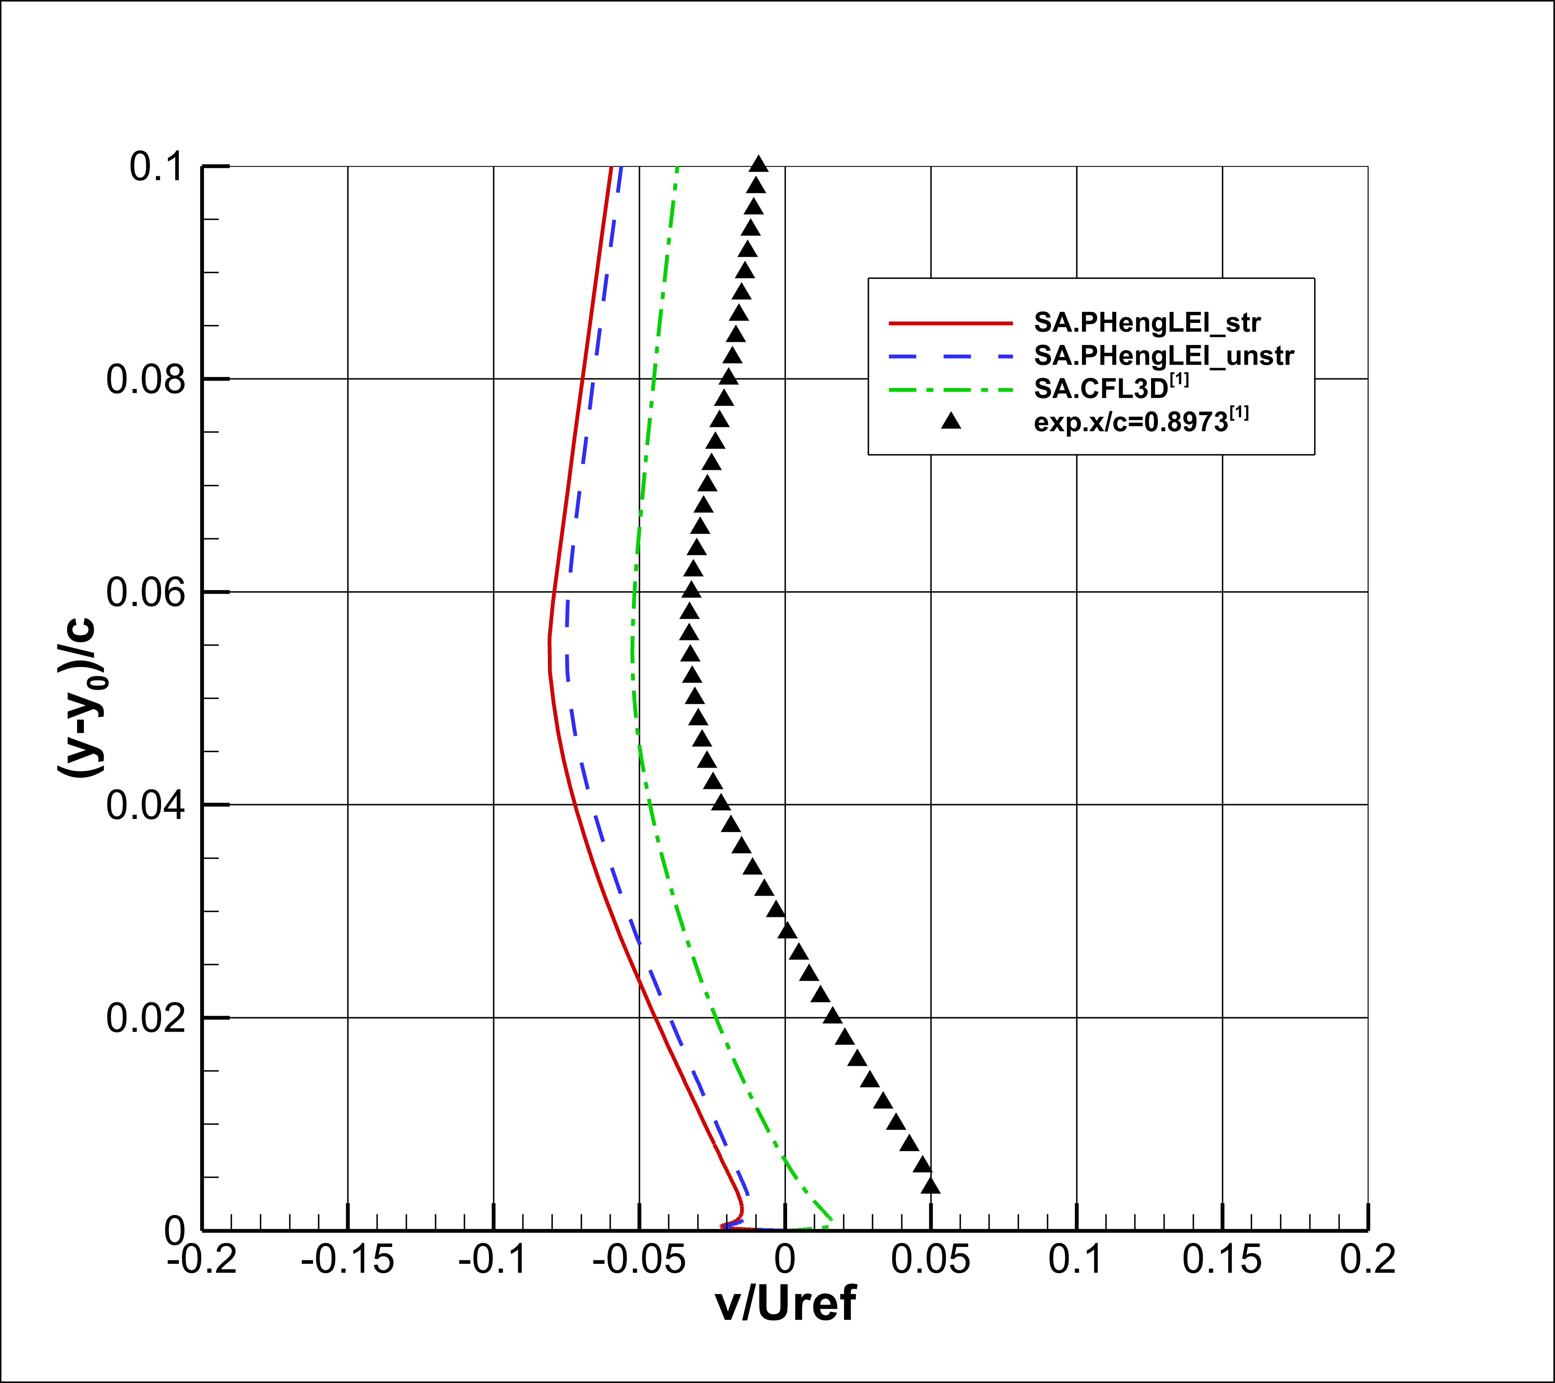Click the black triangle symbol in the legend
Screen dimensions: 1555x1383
coord(951,420)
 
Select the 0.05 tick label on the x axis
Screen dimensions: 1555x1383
coord(930,1259)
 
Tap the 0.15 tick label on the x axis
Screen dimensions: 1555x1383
coord(1222,1259)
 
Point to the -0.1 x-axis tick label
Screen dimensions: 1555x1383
coord(493,1259)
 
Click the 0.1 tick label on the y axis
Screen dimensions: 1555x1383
coord(157,167)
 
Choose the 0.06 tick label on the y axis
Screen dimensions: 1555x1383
coord(145,592)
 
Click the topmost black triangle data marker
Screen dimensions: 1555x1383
coord(759,164)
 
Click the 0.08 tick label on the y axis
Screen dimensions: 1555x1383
coord(145,379)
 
